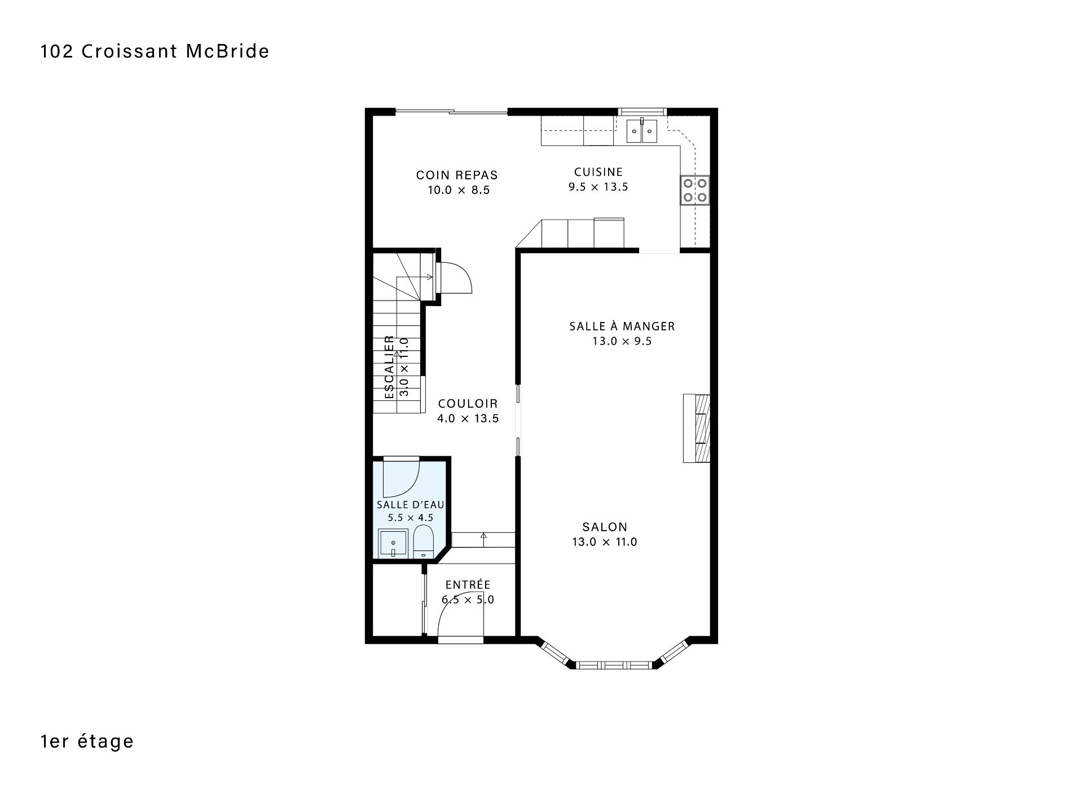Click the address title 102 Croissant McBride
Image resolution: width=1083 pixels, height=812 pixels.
tap(155, 51)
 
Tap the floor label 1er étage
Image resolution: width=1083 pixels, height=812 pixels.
tap(87, 741)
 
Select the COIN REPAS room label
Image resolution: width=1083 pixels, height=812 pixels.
tap(457, 175)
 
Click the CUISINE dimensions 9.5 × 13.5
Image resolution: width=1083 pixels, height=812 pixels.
tap(598, 187)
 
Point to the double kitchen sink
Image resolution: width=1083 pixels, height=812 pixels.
tap(642, 131)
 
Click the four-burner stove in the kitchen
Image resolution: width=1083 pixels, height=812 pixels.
tap(695, 190)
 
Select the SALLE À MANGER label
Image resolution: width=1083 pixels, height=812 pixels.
tap(622, 326)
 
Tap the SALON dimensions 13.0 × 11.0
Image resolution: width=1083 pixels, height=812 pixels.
tap(605, 542)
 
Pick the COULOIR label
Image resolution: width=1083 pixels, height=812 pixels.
tap(468, 404)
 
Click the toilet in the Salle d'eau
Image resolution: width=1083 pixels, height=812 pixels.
tap(423, 541)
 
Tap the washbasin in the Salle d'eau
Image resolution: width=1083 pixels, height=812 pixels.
tap(393, 544)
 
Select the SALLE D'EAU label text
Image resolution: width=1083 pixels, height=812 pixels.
tap(411, 505)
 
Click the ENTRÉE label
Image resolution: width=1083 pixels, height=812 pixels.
tap(468, 585)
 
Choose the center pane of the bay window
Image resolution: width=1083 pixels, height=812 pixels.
tap(614, 664)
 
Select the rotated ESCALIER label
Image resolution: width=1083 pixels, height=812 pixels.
tap(389, 367)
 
